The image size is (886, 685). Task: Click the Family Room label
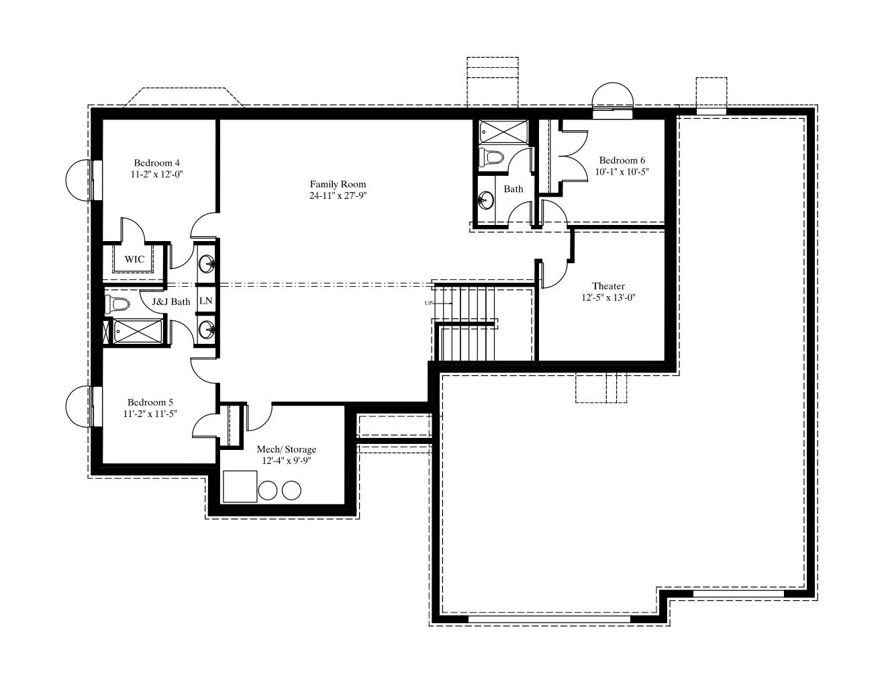point(338,184)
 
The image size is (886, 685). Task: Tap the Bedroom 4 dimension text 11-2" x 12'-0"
point(156,174)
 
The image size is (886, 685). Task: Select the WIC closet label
point(134,259)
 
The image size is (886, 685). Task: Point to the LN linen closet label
point(206,301)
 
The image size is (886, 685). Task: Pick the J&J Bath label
point(171,302)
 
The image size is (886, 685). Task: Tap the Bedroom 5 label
point(150,402)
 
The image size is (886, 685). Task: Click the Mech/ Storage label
point(286,449)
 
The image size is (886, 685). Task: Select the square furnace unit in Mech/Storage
point(240,486)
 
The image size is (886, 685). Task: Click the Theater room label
point(608,286)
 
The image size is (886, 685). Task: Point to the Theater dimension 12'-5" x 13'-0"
point(608,298)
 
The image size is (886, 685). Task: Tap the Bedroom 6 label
point(622,161)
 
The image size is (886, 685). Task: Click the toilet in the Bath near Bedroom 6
point(492,157)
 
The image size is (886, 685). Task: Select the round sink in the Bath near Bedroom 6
point(485,200)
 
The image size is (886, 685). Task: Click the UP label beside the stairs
point(428,303)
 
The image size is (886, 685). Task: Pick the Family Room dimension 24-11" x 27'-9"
point(338,195)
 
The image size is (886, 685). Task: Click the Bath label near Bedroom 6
point(513,189)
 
